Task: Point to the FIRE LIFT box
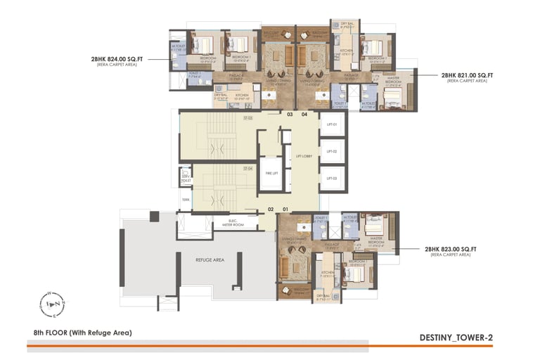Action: [x=269, y=173]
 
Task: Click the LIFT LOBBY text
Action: [x=304, y=155]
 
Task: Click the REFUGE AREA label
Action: [x=210, y=259]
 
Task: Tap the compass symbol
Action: [x=52, y=303]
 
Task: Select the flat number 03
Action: [x=289, y=114]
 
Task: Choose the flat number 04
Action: [x=304, y=114]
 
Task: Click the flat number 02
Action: [x=271, y=209]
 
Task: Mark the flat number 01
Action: [x=285, y=209]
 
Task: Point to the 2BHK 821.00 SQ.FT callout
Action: [x=467, y=75]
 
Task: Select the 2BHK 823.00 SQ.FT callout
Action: [x=451, y=249]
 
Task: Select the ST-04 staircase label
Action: [x=247, y=169]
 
